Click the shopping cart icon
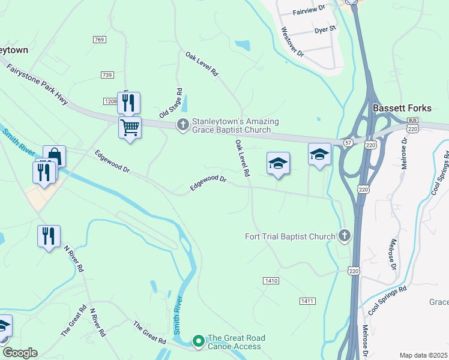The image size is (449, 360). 130,127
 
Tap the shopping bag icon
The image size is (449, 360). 54,156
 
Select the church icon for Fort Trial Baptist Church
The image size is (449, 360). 344,236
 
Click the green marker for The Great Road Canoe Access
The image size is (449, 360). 198,341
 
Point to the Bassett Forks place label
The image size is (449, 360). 402,108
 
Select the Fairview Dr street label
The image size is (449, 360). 309,10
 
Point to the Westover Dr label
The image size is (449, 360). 292,42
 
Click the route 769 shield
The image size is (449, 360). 100,40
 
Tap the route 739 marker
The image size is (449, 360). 107,74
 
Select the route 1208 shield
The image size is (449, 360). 110,101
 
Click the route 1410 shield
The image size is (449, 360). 271,280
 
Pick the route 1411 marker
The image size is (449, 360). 307,300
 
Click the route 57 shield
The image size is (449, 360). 348,142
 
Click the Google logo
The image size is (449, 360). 20,353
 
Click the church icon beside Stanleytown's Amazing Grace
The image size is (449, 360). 182,125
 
